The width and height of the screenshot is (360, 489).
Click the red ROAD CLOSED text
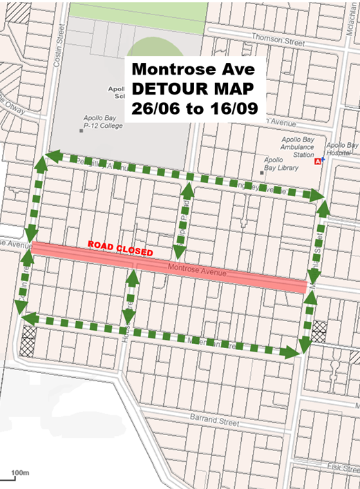[x=120, y=247]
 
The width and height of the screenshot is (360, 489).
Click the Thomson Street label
[x=278, y=40]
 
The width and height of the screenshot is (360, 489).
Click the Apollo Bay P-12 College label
[x=102, y=122]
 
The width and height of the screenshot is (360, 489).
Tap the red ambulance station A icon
[x=318, y=162]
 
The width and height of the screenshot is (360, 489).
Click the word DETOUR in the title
[x=164, y=89]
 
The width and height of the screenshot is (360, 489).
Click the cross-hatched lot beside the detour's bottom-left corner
[x=29, y=339]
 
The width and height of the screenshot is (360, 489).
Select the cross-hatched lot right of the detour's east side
[x=320, y=332]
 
